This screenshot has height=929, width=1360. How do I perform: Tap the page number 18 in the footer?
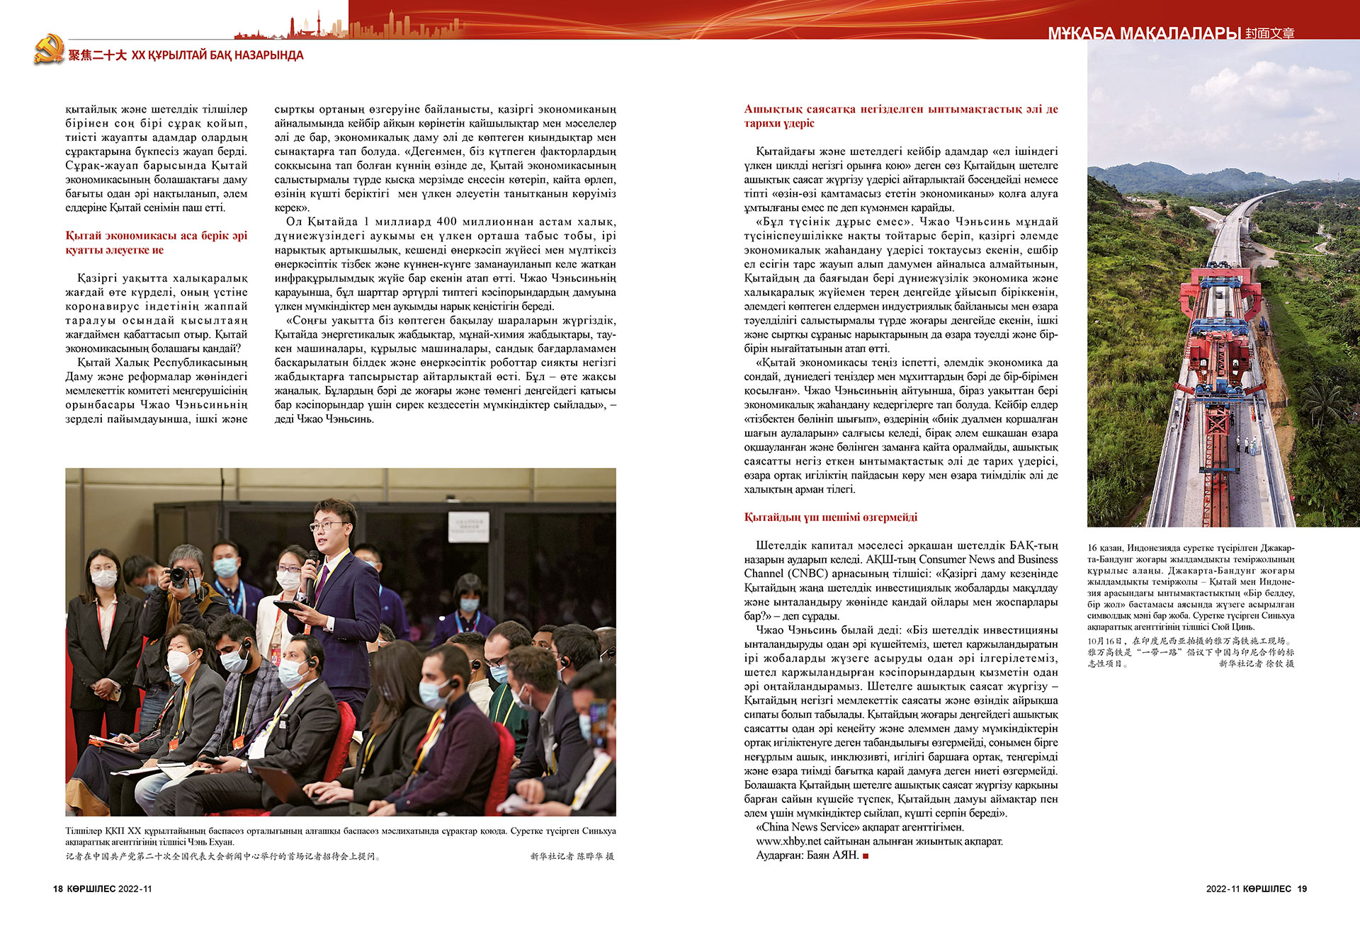[x=58, y=889]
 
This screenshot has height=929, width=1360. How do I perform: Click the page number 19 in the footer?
[x=1302, y=889]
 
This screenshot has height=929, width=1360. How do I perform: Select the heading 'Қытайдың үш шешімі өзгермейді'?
[x=830, y=518]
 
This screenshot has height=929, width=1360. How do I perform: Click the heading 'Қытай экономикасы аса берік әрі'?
[x=156, y=236]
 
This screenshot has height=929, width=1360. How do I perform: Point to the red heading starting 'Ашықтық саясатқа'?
[x=900, y=110]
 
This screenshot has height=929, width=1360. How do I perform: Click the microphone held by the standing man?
[x=312, y=563]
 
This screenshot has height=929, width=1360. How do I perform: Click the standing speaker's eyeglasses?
[x=330, y=525]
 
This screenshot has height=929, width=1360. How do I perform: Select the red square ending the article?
[x=866, y=856]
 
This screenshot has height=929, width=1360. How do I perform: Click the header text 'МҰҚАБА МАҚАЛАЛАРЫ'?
[x=1144, y=33]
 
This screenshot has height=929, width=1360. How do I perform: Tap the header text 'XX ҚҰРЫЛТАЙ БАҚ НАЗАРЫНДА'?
[x=217, y=55]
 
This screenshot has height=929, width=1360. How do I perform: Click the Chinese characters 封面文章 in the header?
[x=1269, y=33]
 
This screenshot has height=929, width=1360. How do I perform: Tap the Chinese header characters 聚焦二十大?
[x=97, y=55]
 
